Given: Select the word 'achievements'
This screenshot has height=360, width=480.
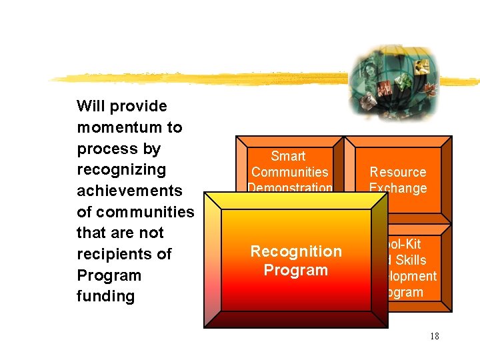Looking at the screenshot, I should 129,191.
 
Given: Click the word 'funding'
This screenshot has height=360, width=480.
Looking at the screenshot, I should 105,296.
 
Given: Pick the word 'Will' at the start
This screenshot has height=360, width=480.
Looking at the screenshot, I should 90,106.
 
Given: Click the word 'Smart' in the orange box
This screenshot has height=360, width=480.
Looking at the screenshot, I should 288,156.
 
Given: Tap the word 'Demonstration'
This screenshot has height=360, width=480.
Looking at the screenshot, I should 289,187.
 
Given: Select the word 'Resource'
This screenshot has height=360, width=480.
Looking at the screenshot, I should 398,172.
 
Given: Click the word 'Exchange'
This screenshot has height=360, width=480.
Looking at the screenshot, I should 398,188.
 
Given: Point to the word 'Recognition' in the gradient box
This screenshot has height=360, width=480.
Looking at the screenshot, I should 295,251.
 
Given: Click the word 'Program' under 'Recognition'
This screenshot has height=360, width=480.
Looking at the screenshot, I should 295,270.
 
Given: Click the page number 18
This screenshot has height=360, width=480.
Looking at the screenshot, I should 434,336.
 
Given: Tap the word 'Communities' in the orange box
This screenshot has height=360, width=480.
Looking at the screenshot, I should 289,172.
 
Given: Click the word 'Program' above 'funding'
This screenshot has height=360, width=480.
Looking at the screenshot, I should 109,275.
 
